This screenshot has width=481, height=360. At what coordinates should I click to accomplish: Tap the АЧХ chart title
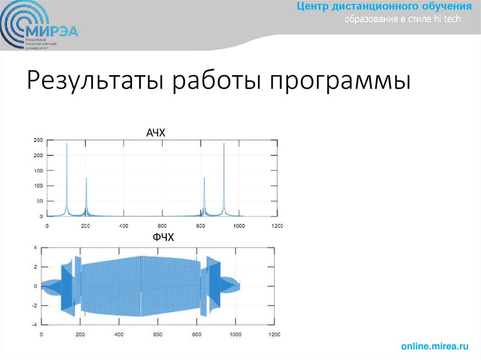tap(156, 134)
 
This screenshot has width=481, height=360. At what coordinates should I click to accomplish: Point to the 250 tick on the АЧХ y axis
tap(38, 140)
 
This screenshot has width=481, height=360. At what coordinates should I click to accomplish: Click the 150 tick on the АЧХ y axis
tap(38, 171)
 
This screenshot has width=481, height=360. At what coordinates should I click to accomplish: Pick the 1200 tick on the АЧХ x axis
tap(277, 226)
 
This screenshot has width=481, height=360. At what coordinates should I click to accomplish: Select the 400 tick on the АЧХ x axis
tap(123, 226)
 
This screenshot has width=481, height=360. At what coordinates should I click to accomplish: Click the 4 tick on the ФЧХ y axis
tap(35, 247)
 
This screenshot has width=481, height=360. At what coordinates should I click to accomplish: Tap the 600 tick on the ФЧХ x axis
tap(157, 335)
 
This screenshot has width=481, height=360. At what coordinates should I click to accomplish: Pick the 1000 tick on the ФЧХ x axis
tap(235, 335)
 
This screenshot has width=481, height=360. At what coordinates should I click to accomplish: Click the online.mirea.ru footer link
tap(434, 346)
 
